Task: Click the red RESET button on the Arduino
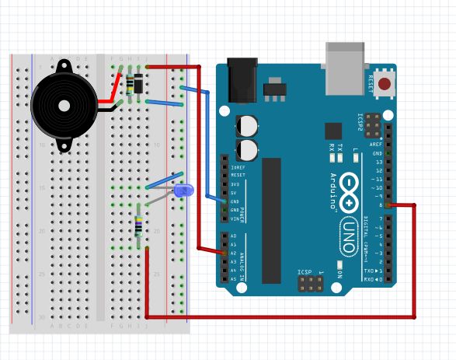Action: (385, 82)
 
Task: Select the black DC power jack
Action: (242, 79)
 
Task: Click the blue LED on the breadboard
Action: (184, 190)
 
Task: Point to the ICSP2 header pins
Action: (374, 124)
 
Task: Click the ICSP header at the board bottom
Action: (310, 282)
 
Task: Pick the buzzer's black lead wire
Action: (109, 107)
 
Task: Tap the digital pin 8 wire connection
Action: (388, 205)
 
